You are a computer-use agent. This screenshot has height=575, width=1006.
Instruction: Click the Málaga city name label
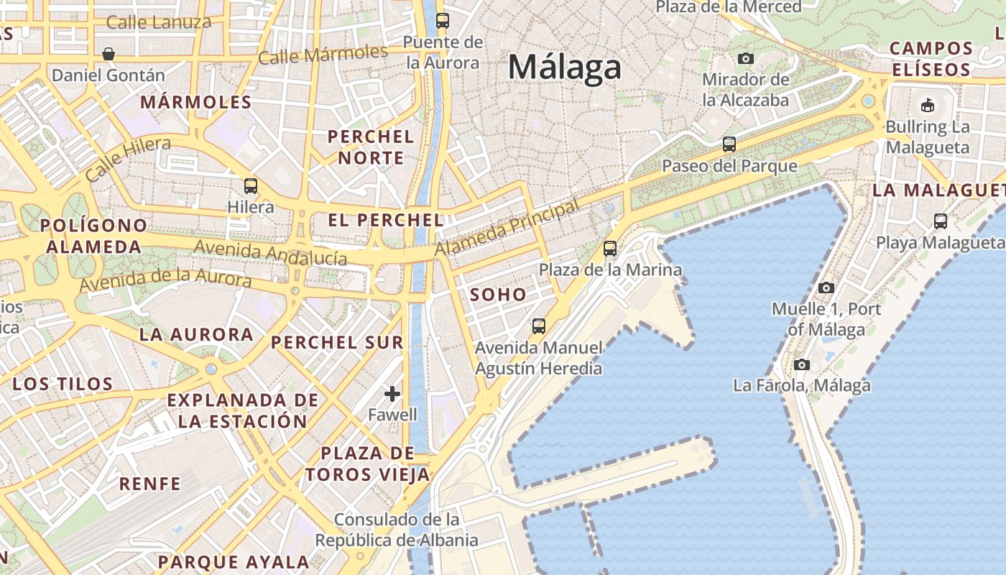[564, 68]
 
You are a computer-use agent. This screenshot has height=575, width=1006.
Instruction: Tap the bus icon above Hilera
[251, 185]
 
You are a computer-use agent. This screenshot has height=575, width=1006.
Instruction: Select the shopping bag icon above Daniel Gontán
[109, 54]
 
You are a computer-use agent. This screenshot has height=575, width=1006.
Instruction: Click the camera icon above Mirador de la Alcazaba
[746, 58]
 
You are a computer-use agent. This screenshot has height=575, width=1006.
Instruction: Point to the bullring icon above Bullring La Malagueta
[928, 106]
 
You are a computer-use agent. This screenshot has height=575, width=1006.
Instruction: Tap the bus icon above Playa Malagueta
[941, 221]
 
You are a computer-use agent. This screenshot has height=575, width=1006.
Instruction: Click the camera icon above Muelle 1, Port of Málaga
[826, 287]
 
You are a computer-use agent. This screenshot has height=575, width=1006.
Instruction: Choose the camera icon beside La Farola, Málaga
[802, 364]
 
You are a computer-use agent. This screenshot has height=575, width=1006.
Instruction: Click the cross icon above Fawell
[392, 393]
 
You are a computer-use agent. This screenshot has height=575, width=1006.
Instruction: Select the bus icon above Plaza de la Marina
[610, 249]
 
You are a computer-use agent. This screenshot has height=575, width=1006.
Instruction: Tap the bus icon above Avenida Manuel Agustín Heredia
[539, 326]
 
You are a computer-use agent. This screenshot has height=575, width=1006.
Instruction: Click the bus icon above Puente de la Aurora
[443, 21]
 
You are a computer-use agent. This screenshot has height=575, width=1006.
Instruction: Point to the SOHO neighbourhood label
[498, 295]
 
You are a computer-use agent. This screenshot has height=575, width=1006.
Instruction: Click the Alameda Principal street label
[507, 229]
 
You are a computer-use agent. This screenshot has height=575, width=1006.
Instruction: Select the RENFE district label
[150, 484]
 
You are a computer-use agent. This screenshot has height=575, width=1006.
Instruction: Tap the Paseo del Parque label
[729, 166]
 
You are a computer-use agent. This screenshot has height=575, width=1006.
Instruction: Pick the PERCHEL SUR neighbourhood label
[337, 342]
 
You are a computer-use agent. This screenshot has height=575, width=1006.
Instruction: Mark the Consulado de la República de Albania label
[397, 530]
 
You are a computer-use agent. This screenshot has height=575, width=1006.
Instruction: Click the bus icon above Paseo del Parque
[729, 144]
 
